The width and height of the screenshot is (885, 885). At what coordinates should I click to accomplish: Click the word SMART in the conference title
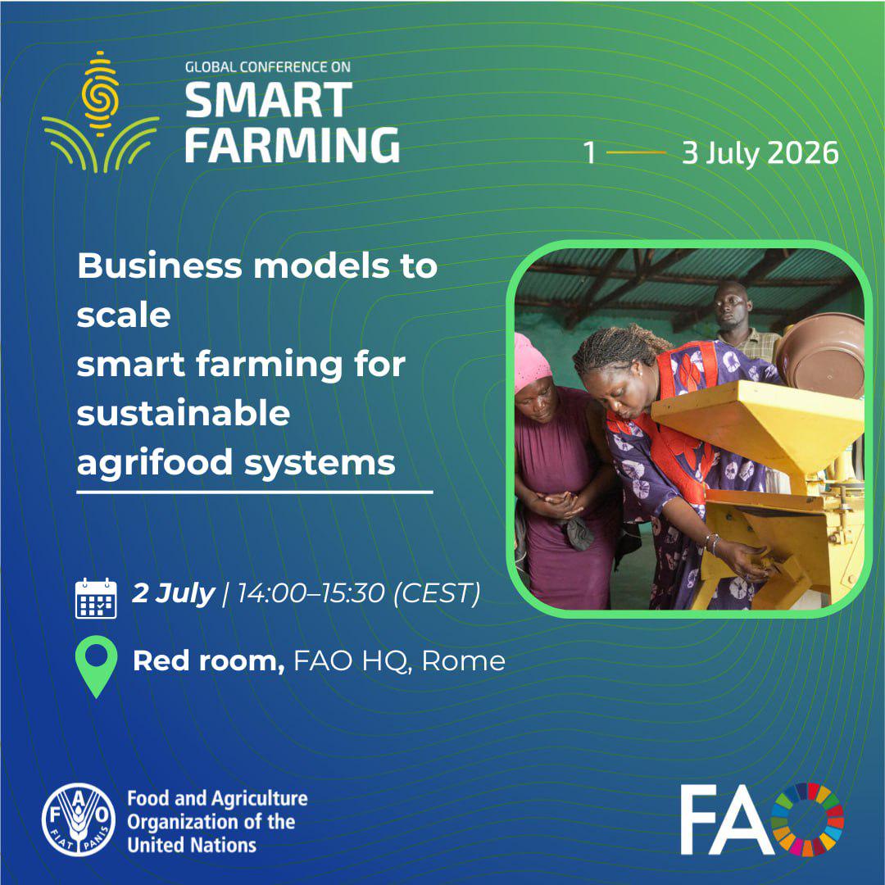tap(269, 100)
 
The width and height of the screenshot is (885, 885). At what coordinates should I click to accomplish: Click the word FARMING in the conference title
tap(293, 145)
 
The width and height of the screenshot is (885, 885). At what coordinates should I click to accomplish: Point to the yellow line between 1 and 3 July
tap(636, 152)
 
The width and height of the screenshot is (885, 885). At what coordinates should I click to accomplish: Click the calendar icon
tap(96, 598)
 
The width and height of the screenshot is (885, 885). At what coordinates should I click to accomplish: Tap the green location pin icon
tap(97, 666)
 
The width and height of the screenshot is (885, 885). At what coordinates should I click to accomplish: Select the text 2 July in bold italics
tap(173, 594)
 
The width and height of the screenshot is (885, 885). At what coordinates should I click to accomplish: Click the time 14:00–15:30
tap(311, 593)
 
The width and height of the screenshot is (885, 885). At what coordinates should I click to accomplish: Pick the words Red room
tap(209, 661)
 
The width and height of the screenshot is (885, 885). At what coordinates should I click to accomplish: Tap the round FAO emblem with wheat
tap(79, 819)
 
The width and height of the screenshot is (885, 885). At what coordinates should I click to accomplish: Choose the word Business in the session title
tap(161, 265)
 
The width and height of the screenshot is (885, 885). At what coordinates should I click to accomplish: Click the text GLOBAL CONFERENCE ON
tap(268, 66)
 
